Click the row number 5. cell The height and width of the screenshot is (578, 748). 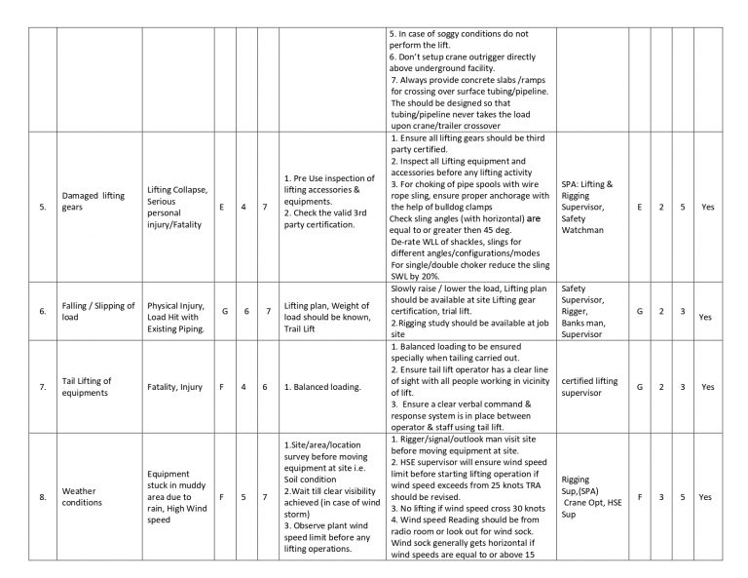tap(41, 208)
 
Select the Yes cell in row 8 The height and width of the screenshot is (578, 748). tap(706, 497)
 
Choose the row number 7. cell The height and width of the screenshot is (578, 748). tap(41, 387)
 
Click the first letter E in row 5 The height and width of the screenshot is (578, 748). tap(223, 208)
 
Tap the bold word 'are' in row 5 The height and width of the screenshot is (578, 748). tap(534, 219)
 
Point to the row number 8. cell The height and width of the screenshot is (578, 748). tap(41, 497)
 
